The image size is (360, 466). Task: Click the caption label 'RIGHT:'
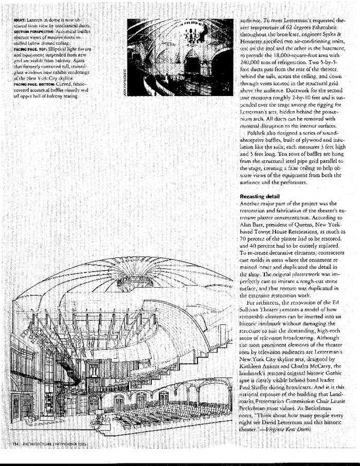(x=22, y=20)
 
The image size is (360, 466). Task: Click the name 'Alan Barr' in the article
(x=252, y=225)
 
